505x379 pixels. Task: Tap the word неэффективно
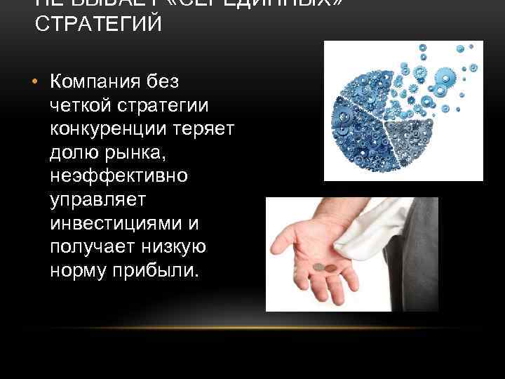(x=119, y=176)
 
